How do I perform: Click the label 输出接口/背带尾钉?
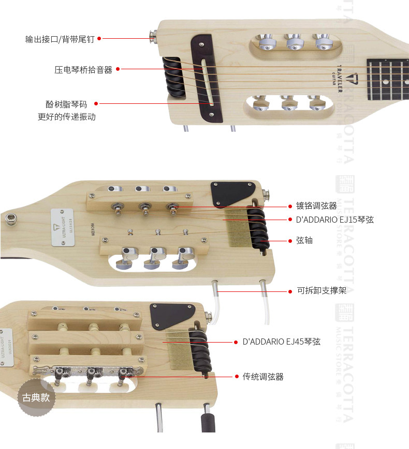pos(60,39)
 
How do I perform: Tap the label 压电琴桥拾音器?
pos(83,69)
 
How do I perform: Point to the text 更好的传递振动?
pos(67,117)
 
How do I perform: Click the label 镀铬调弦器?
pos(316,206)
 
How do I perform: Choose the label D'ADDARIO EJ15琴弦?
pos(335,220)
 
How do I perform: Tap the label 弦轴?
pos(304,241)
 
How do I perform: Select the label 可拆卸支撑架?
pos(321,291)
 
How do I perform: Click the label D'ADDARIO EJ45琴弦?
pos(282,342)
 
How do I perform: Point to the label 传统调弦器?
pos(263,377)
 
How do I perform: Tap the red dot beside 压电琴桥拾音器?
pos(118,69)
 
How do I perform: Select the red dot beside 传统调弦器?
pos(237,377)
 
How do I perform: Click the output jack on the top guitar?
pos(153,36)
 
